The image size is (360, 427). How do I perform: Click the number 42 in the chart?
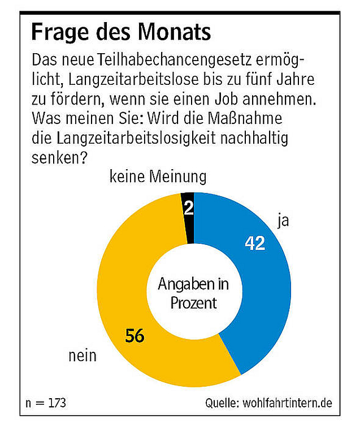click(255, 243)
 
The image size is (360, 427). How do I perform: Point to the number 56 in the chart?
click(134, 335)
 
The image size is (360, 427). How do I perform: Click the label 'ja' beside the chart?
click(283, 220)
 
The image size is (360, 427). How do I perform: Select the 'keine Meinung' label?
click(158, 178)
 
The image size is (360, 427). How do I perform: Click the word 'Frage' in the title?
click(59, 32)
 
